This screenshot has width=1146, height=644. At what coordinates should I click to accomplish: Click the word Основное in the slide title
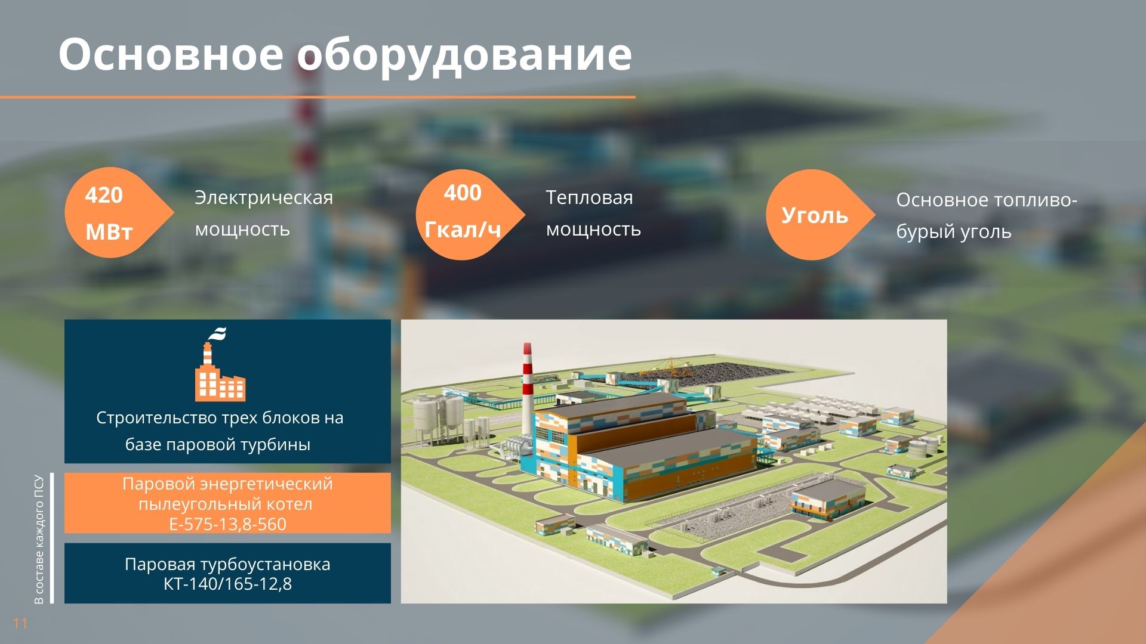(x=171, y=54)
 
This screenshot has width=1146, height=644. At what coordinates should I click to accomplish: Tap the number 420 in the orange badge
(x=104, y=196)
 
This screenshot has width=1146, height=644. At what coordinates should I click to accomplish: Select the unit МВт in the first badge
(x=109, y=232)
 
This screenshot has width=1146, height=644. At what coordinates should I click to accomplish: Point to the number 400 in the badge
(x=463, y=193)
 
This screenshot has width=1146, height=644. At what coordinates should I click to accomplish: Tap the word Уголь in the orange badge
(x=815, y=215)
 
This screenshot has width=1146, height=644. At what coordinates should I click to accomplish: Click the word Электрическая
(x=264, y=197)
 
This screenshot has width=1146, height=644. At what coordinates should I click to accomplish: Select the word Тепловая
(x=589, y=197)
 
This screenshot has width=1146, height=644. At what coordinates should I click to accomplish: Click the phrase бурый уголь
(x=954, y=232)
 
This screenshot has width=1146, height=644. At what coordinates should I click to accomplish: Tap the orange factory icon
(x=219, y=365)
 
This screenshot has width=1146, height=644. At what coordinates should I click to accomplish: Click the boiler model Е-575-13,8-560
(x=227, y=524)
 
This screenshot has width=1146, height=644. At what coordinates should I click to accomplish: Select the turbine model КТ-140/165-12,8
(x=227, y=584)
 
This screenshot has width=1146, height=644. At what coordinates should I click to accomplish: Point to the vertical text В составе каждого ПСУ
(x=39, y=539)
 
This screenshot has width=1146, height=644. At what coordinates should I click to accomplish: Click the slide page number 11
(x=20, y=624)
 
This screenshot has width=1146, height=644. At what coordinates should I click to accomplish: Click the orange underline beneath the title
(x=318, y=97)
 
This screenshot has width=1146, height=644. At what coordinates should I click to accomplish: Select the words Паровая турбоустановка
(x=227, y=564)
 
